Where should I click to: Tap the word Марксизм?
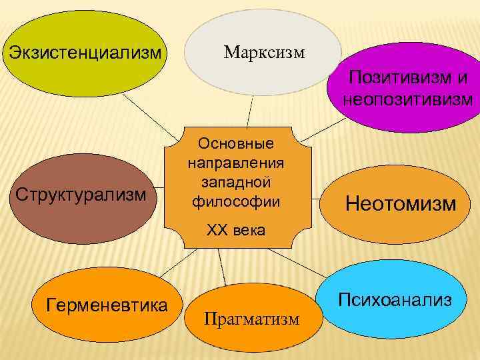pyautogui.click(x=265, y=51)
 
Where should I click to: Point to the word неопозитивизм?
pyautogui.click(x=407, y=99)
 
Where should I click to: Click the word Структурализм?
pyautogui.click(x=81, y=195)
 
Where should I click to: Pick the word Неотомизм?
pyautogui.click(x=401, y=202)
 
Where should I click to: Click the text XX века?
pyautogui.click(x=236, y=231)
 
